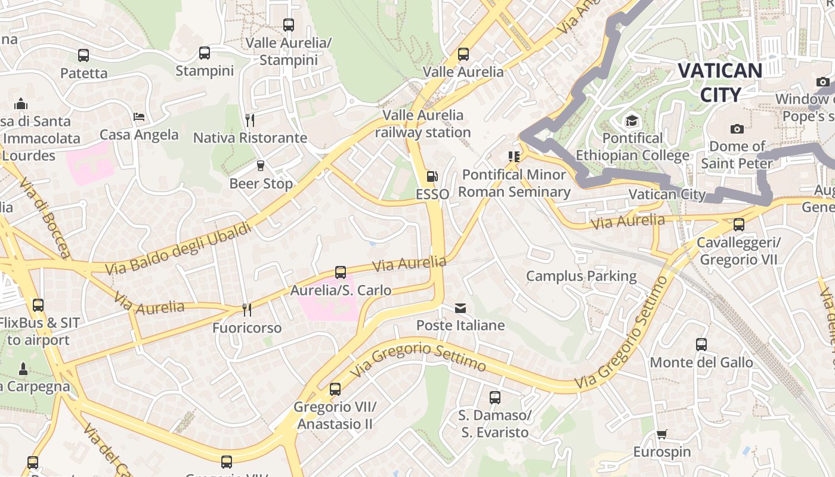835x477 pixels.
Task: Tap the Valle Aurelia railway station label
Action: (423, 123)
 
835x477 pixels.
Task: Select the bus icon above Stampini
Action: (205, 53)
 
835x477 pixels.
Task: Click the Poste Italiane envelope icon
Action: (460, 308)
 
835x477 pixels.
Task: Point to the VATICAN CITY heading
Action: (720, 82)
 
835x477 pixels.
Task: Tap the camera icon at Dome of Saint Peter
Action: (737, 129)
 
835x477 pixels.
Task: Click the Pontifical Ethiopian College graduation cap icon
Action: (632, 122)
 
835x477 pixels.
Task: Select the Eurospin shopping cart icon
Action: (661, 434)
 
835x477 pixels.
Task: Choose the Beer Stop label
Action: (261, 183)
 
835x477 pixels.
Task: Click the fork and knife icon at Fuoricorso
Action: (247, 309)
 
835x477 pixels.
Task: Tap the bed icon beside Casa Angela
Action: (139, 117)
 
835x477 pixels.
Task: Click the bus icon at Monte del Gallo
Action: (701, 345)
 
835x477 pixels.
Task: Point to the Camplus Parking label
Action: (581, 276)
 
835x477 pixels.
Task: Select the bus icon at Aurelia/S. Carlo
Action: (341, 272)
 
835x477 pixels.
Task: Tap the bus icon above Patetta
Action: (83, 55)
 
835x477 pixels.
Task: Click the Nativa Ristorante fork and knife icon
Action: (250, 120)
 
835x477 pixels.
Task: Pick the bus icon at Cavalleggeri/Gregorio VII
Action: (739, 225)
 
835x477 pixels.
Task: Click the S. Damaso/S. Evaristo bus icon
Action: (495, 397)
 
